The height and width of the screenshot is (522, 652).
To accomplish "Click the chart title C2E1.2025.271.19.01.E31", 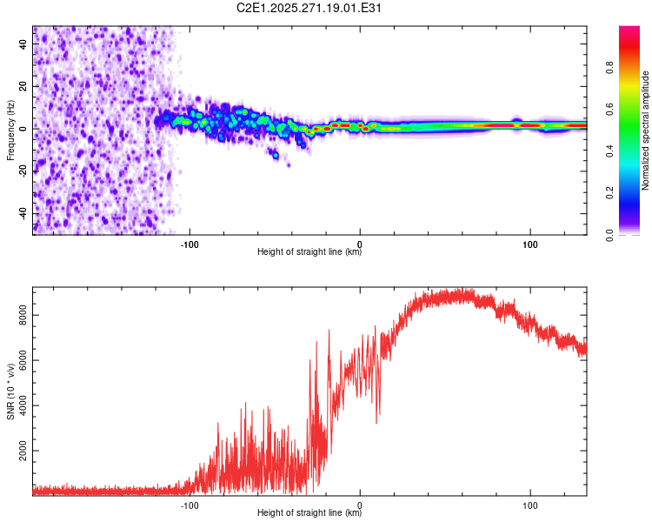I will point(309,9).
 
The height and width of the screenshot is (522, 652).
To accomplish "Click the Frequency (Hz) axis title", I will point(10,130).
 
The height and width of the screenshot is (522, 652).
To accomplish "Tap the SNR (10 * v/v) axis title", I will point(10,392).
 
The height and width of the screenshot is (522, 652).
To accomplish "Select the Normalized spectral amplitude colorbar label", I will point(646,131).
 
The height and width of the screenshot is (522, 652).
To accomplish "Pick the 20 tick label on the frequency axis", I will point(23,86).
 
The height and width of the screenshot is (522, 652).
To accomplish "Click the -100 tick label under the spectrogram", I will point(190,243).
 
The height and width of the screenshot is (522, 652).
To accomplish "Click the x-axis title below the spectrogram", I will point(309,252).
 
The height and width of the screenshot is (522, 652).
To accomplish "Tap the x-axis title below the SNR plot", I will point(309,513).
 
